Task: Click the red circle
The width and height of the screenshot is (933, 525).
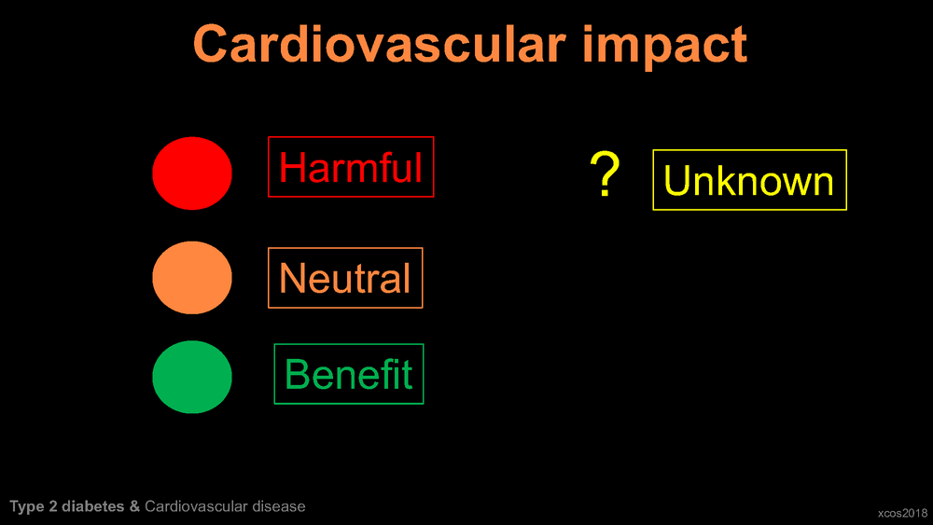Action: [x=192, y=173]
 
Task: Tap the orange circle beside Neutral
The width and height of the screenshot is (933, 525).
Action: [x=192, y=278]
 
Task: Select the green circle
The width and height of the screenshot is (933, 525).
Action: [x=192, y=377]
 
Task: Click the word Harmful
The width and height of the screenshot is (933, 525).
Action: [x=351, y=167]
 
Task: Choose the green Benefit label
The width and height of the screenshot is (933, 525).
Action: [x=349, y=374]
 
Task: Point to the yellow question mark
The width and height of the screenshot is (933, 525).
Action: [x=605, y=173]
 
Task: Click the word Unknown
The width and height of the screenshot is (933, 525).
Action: [x=748, y=180]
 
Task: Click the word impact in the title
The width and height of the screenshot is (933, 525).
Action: [x=664, y=47]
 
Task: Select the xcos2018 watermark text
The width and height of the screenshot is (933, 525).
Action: [x=902, y=513]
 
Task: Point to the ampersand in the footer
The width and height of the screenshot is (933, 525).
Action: [x=134, y=506]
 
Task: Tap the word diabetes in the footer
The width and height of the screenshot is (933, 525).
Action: [x=92, y=506]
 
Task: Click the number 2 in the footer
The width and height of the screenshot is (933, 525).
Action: [x=53, y=506]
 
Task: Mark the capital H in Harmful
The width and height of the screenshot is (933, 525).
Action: [x=292, y=167]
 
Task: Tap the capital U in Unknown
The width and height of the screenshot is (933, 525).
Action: [x=676, y=180]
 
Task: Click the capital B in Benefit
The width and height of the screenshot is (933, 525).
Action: [x=297, y=374]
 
